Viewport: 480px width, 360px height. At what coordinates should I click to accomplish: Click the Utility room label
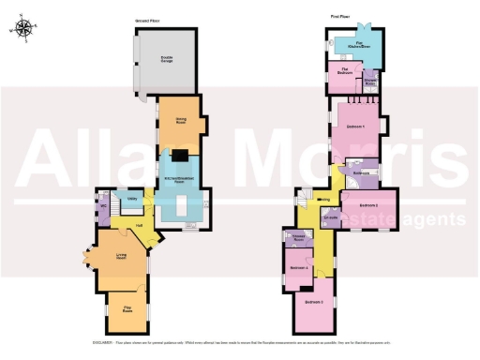(133, 201)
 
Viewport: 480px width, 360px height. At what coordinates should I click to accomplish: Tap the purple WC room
(102, 203)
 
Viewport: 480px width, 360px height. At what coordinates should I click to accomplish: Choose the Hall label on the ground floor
(138, 226)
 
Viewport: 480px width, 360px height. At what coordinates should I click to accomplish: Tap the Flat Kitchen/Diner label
(358, 44)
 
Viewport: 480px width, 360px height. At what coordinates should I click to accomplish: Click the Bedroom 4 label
(299, 269)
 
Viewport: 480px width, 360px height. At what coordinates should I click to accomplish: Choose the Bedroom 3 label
(315, 302)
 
